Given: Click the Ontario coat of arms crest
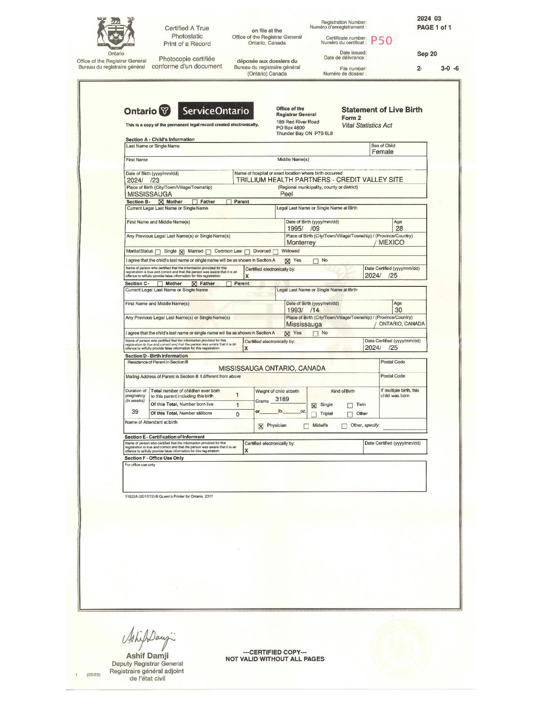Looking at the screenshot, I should (116, 33).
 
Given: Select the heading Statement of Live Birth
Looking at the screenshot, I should (382, 110).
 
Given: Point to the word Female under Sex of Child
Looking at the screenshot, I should (382, 152).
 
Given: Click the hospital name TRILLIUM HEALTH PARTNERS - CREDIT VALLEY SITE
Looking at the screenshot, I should (319, 180).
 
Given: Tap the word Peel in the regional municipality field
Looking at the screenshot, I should (287, 194).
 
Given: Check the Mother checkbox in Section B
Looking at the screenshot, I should (161, 202).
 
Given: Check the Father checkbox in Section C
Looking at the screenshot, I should (194, 284).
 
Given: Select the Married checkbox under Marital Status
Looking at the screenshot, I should (182, 252).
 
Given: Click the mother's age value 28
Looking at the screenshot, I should (399, 229).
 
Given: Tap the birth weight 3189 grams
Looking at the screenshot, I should (282, 399).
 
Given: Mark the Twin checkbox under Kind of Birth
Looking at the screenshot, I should (350, 405).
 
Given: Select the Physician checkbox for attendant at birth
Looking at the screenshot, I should (261, 426).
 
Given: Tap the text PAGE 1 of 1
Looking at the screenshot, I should (434, 28).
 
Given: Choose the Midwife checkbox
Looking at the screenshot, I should (306, 426).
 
